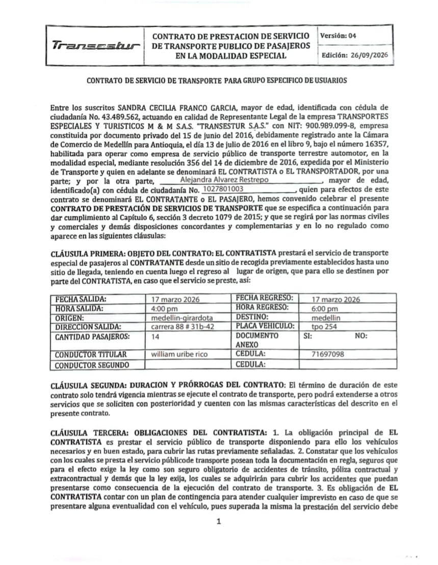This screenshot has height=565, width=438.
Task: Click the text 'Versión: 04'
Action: [x=339, y=36]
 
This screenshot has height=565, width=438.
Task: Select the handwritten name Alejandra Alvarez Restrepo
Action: [x=225, y=180]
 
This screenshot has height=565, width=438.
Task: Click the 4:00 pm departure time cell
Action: [x=164, y=309]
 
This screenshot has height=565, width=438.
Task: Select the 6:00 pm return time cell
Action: [x=324, y=309]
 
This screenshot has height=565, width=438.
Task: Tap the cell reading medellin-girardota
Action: [x=175, y=317]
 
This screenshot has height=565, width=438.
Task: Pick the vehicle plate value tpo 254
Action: [x=324, y=327]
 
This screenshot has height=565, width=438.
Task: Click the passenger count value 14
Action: [x=156, y=336]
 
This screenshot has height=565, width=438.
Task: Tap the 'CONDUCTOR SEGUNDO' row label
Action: [x=92, y=364]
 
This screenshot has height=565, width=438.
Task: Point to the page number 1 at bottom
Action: [x=218, y=521]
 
